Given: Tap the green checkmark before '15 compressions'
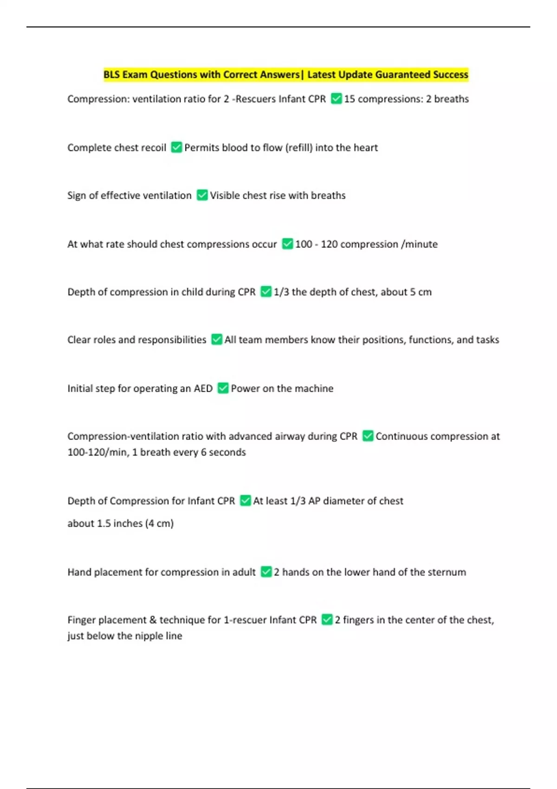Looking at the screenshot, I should pyautogui.click(x=336, y=99).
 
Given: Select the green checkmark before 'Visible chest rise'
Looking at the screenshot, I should pyautogui.click(x=202, y=195).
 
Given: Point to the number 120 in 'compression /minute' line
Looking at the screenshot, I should pyautogui.click(x=329, y=244).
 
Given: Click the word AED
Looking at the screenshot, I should pyautogui.click(x=203, y=388).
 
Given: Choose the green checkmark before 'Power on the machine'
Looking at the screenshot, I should pyautogui.click(x=223, y=388).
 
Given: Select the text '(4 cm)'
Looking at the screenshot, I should pyautogui.click(x=159, y=524).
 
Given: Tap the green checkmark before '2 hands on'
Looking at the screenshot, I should pyautogui.click(x=266, y=572).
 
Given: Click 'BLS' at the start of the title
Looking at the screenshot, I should pyautogui.click(x=111, y=75).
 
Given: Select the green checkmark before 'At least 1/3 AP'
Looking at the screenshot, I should pyautogui.click(x=245, y=501).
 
